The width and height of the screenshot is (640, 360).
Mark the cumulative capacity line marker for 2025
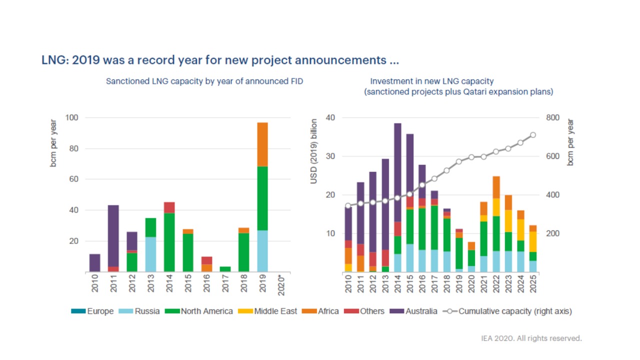pos(533,135)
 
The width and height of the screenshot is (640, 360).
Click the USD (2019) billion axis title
pos(314,151)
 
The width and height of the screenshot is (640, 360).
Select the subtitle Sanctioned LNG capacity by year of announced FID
pos(204,81)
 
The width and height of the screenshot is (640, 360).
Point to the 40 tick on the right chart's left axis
pos(330,118)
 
